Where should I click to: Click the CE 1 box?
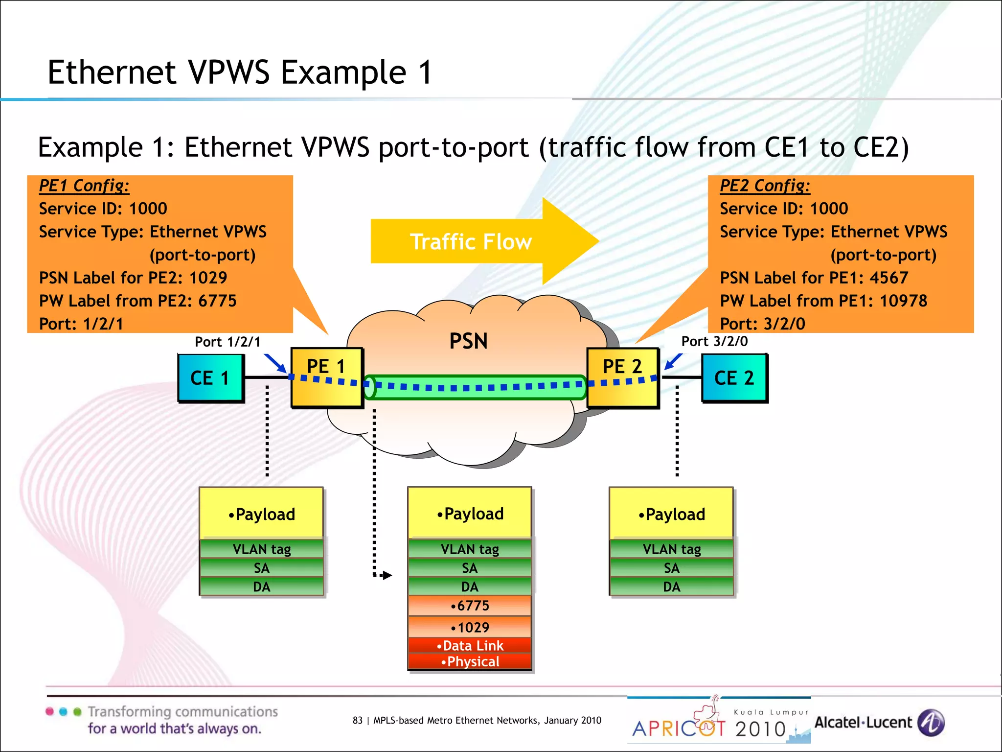coord(210,378)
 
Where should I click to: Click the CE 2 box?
coord(734,378)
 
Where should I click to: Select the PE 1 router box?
coord(326,377)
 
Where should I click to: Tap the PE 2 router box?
coord(622,377)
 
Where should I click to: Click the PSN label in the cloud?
coord(468,341)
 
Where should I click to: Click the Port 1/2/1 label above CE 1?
coord(228,342)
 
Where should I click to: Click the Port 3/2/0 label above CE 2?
coord(714,341)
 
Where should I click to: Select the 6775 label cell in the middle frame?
coord(470,606)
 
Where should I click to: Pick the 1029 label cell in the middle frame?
coord(470,627)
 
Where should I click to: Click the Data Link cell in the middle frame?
coord(470,645)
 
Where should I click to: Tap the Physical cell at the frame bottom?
coord(470,661)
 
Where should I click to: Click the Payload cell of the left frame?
coord(261,514)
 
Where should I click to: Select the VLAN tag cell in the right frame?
coord(671,549)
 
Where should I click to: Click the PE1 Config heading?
coord(84,186)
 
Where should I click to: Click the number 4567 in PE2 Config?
coord(888,278)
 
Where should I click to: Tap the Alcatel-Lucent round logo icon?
coord(931,723)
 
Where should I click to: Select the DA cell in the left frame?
coord(261,587)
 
